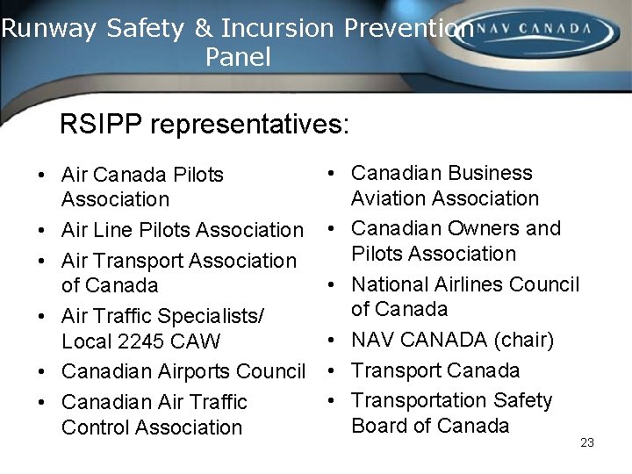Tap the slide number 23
pyautogui.click(x=587, y=442)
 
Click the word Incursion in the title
pyautogui.click(x=279, y=28)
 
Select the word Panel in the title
pyautogui.click(x=238, y=58)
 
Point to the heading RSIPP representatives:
pyautogui.click(x=205, y=124)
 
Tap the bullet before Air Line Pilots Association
pyautogui.click(x=42, y=231)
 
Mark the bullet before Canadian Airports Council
pyautogui.click(x=42, y=372)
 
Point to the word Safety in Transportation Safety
pyautogui.click(x=522, y=400)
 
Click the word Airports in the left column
pyautogui.click(x=195, y=371)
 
